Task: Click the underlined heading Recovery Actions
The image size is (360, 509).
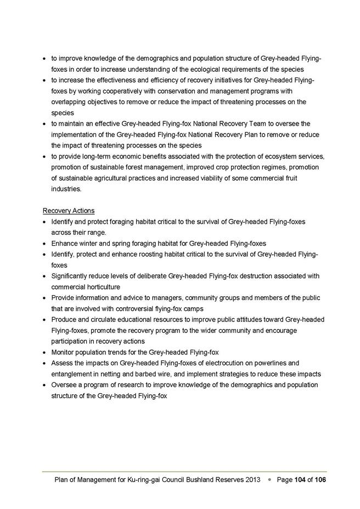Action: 69,211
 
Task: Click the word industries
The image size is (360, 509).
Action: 66,189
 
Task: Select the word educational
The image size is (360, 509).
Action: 126,319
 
